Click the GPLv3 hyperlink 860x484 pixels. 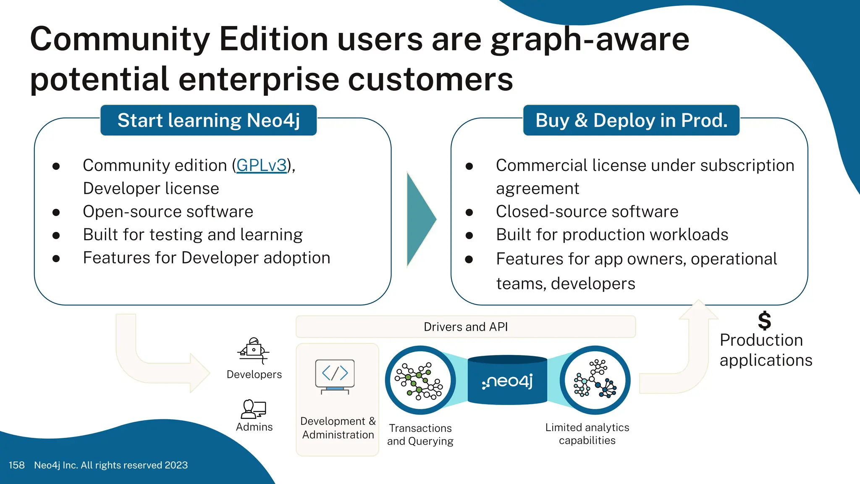pyautogui.click(x=261, y=166)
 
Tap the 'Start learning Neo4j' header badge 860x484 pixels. pyautogui.click(x=209, y=121)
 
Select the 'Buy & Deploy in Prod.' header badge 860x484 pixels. pyautogui.click(x=631, y=121)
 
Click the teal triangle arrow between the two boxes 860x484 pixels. pyautogui.click(x=420, y=219)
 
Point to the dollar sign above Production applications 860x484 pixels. pyautogui.click(x=764, y=321)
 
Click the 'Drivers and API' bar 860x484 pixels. pyautogui.click(x=466, y=327)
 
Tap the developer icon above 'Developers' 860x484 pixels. pyautogui.click(x=254, y=350)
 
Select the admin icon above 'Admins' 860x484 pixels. pyautogui.click(x=254, y=409)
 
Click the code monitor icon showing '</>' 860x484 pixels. pyautogui.click(x=335, y=376)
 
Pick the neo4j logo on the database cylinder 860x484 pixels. pyautogui.click(x=507, y=381)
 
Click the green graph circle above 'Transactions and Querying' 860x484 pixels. pyautogui.click(x=420, y=380)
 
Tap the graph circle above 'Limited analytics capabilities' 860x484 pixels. pyautogui.click(x=595, y=380)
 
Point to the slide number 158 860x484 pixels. pyautogui.click(x=17, y=466)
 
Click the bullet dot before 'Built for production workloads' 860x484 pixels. pyautogui.click(x=469, y=236)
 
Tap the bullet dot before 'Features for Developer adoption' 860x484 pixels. pyautogui.click(x=56, y=259)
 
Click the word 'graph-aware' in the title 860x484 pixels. pyautogui.click(x=590, y=39)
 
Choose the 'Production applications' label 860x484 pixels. pyautogui.click(x=766, y=350)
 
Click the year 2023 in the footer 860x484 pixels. pyautogui.click(x=176, y=466)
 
